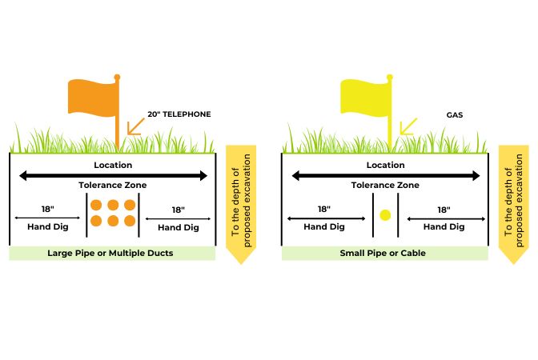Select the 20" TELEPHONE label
(x=179, y=114)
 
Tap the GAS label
(x=456, y=114)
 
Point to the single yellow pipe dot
(x=385, y=215)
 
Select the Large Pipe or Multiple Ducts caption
(x=112, y=253)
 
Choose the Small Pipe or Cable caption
(x=385, y=253)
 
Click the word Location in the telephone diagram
(x=113, y=165)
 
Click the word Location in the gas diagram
(x=385, y=165)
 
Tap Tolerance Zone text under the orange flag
(x=113, y=185)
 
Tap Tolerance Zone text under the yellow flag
(x=385, y=185)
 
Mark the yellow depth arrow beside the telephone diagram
(x=242, y=204)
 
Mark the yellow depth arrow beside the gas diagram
(x=513, y=204)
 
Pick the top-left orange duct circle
(x=96, y=205)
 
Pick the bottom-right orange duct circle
(x=128, y=221)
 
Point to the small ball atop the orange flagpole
(x=118, y=77)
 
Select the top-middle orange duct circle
(x=112, y=205)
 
